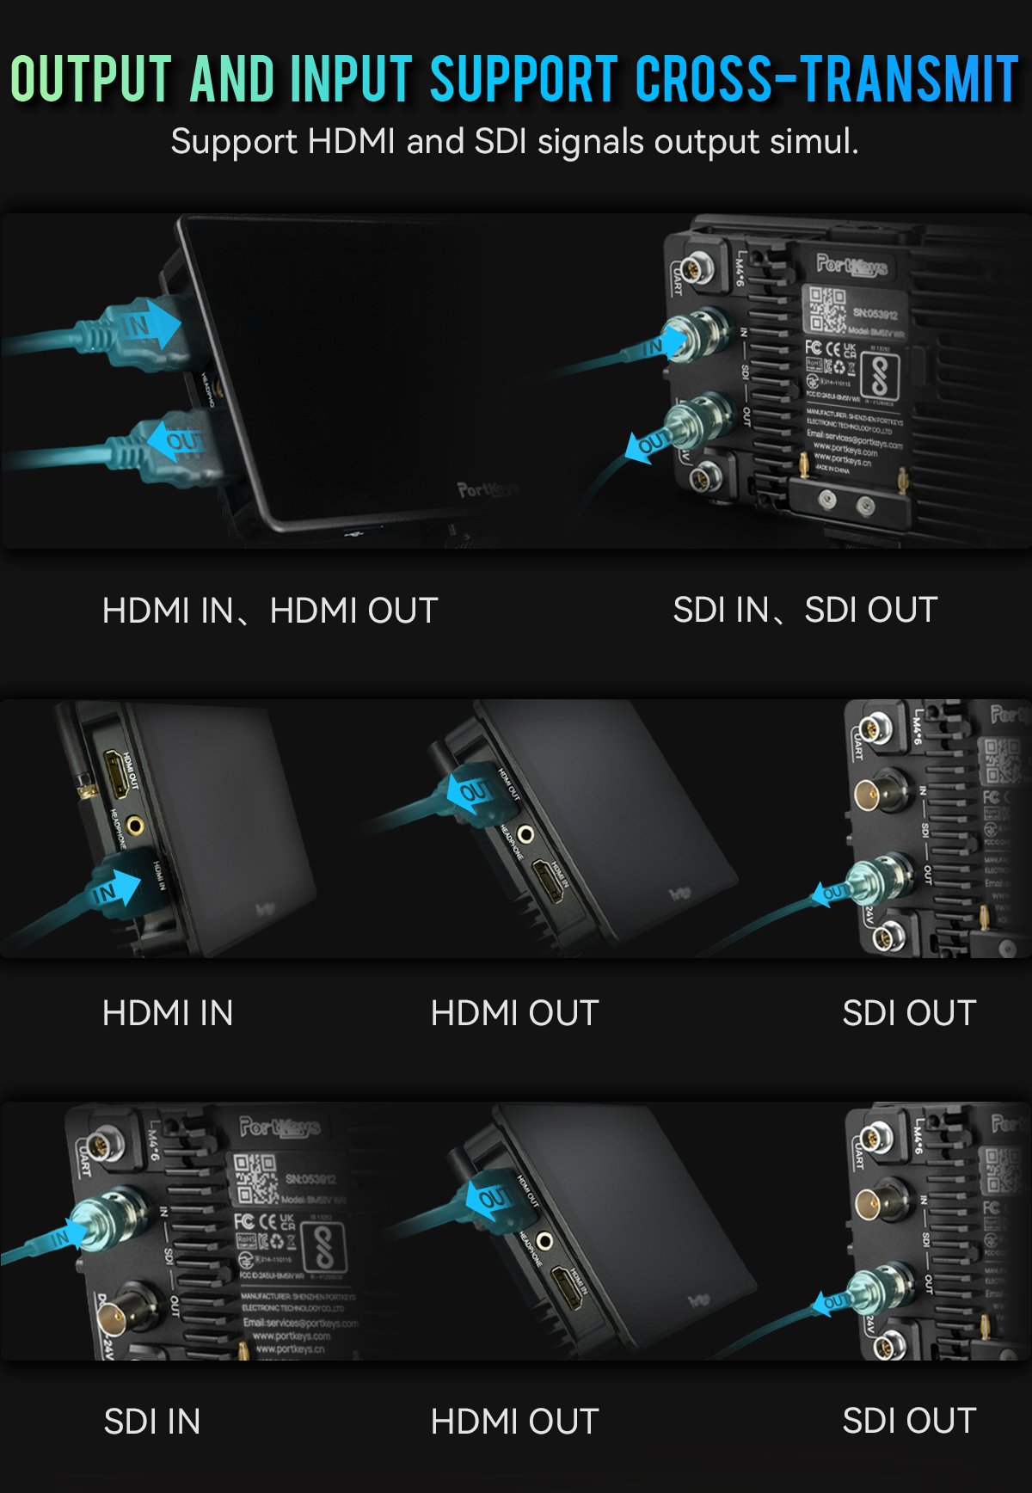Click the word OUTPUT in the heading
pyautogui.click(x=91, y=78)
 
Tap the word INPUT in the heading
pyautogui.click(x=352, y=78)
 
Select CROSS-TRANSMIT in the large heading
pyautogui.click(x=826, y=78)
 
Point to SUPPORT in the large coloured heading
pyautogui.click(x=524, y=78)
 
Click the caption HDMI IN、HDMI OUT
pyautogui.click(x=270, y=611)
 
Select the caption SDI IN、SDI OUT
pyautogui.click(x=805, y=610)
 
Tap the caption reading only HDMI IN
pyautogui.click(x=168, y=1013)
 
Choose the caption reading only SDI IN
pyautogui.click(x=152, y=1422)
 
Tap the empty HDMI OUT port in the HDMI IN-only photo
pyautogui.click(x=114, y=772)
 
